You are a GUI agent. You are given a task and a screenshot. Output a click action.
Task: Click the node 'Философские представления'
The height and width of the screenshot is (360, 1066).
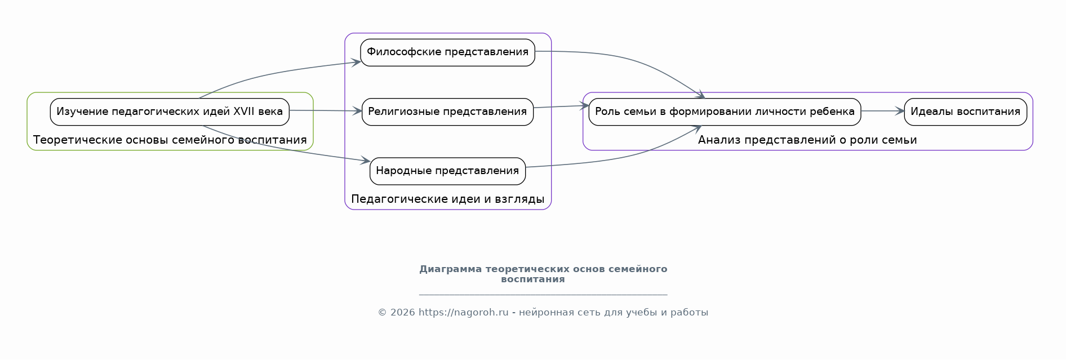click(x=447, y=52)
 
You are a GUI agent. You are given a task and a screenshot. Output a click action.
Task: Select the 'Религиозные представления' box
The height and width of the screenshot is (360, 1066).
click(x=447, y=112)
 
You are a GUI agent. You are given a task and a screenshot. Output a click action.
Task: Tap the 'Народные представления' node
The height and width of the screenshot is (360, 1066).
click(x=447, y=171)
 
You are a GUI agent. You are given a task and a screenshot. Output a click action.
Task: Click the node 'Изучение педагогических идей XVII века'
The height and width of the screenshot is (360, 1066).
click(x=170, y=112)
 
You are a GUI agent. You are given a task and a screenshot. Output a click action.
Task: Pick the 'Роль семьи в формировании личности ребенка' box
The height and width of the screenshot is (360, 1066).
click(x=725, y=112)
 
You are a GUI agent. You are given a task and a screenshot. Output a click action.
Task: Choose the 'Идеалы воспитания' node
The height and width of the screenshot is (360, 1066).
click(x=965, y=112)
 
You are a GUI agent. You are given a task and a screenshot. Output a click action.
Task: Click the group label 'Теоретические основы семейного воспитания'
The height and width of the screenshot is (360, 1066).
click(x=170, y=140)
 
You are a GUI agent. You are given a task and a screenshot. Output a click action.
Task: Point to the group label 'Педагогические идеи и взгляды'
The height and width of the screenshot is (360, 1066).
click(x=447, y=199)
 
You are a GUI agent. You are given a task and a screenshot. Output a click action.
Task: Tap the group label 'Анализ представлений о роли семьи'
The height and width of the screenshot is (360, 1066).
click(x=807, y=140)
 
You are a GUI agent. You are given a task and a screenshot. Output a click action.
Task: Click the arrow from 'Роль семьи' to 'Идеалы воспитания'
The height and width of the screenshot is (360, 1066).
click(x=882, y=112)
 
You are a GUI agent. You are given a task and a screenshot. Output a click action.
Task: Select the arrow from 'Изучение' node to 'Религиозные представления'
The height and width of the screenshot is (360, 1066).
click(x=326, y=111)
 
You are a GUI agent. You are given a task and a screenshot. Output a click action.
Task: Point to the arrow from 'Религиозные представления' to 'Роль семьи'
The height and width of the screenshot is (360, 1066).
click(x=561, y=106)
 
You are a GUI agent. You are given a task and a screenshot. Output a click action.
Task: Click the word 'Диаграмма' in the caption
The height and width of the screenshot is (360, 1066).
click(x=450, y=269)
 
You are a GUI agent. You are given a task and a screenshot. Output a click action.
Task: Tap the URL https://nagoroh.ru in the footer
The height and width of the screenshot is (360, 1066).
click(x=463, y=313)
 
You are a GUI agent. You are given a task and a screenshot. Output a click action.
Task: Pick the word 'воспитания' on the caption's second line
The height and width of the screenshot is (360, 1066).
click(x=533, y=279)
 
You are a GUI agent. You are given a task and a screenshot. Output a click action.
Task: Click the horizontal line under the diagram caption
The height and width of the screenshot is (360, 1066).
click(x=543, y=295)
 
